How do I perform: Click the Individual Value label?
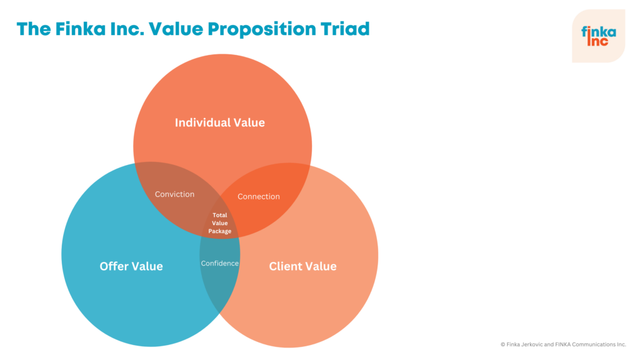tap(219, 122)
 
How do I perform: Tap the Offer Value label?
tap(131, 266)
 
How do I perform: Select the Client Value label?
tap(302, 266)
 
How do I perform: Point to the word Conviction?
tap(174, 194)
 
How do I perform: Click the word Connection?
tap(259, 196)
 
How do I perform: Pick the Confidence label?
tap(220, 263)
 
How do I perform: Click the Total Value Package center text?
tap(220, 223)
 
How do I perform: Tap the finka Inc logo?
tap(598, 36)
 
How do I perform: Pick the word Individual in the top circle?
tap(202, 122)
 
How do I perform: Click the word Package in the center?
tap(220, 231)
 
